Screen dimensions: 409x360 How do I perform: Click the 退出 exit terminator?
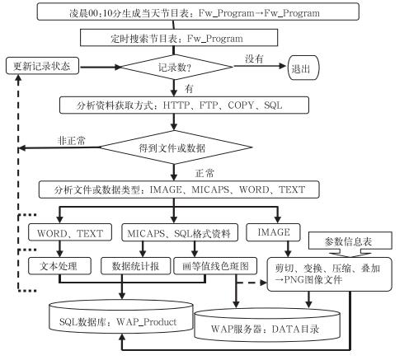coord(303,68)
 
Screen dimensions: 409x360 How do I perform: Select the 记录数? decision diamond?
coord(176,67)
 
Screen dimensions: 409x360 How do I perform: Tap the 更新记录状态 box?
coord(42,66)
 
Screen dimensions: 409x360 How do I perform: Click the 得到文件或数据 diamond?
coord(176,147)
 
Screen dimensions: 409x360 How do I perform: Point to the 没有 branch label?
coord(254,58)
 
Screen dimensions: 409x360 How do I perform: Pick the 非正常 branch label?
coord(72,141)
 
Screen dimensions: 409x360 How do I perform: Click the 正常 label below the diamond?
coord(204,173)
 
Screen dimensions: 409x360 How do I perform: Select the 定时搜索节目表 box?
coord(179,38)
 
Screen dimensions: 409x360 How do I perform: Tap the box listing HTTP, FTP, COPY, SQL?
coord(184,105)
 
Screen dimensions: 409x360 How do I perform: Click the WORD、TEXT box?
coord(70,233)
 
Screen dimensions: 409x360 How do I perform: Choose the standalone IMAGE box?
coord(273,232)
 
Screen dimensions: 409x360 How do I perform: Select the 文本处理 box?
coord(59,266)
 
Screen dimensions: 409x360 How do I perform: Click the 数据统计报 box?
coord(136,266)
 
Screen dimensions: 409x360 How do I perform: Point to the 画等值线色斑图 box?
coord(215,266)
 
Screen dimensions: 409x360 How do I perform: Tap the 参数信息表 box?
coord(350,241)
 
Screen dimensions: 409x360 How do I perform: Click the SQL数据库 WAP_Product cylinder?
coord(121,316)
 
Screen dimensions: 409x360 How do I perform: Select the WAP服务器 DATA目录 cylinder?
coord(267,325)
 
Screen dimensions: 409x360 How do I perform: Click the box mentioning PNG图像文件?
coord(330,274)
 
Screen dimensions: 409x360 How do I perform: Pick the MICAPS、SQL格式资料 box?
coord(180,233)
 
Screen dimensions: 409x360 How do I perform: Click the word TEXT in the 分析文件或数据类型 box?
coord(292,189)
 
